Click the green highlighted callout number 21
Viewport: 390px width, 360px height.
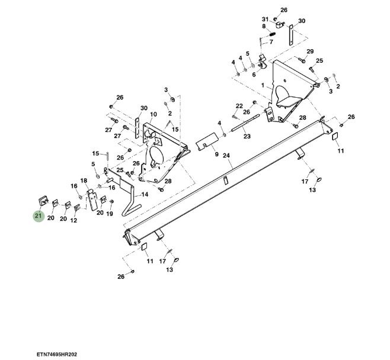39,216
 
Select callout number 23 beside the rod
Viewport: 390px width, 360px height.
247,136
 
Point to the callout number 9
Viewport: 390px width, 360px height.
216,154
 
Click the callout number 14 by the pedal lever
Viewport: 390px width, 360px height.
144,194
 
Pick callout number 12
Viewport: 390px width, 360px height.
74,220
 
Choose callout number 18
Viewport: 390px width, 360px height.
84,180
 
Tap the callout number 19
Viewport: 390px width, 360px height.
110,214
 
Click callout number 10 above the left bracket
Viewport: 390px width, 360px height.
153,114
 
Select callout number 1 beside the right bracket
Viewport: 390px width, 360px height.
263,85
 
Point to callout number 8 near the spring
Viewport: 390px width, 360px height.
264,26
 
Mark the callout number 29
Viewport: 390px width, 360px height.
310,52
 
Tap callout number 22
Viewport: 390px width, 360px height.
239,106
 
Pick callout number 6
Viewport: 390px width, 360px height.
254,75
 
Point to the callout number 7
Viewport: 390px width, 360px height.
272,41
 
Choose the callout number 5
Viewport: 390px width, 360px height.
94,164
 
